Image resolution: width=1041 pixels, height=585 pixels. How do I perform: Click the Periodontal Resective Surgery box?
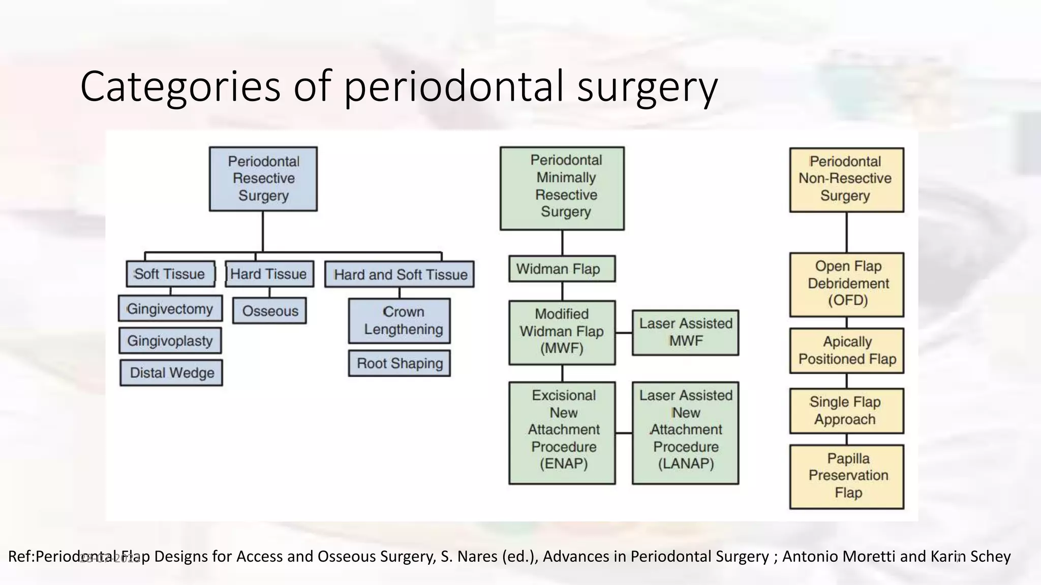pyautogui.click(x=263, y=179)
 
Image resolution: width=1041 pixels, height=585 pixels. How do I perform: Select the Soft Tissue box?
pyautogui.click(x=170, y=274)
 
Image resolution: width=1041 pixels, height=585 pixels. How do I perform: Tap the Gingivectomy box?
pyautogui.click(x=170, y=309)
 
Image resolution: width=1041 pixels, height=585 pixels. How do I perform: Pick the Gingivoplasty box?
pyautogui.click(x=170, y=341)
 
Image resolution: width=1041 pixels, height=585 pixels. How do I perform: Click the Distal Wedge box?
pyautogui.click(x=171, y=373)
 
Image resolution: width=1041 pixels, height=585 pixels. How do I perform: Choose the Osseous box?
pyautogui.click(x=269, y=311)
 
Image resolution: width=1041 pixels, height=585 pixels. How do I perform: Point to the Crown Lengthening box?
pyautogui.click(x=400, y=320)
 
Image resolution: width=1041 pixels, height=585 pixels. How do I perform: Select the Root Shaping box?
pyautogui.click(x=400, y=364)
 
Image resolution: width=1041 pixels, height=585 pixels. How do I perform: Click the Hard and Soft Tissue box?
pyautogui.click(x=400, y=275)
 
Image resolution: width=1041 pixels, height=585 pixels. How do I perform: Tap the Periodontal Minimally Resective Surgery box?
pyautogui.click(x=562, y=188)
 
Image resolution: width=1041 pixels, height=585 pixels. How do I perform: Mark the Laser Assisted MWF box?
pyautogui.click(x=685, y=333)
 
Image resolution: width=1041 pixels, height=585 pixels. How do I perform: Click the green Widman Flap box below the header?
pyautogui.click(x=562, y=269)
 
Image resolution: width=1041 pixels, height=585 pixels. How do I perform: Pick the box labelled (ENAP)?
pyautogui.click(x=562, y=433)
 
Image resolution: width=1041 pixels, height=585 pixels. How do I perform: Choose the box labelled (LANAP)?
pyautogui.click(x=685, y=433)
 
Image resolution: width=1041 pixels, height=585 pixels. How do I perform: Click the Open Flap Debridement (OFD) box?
pyautogui.click(x=847, y=284)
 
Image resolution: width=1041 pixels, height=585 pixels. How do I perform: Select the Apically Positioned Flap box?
pyautogui.click(x=847, y=350)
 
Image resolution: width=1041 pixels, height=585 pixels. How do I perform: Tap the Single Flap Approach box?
pyautogui.click(x=847, y=411)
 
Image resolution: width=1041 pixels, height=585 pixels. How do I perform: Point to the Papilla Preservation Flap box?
pyautogui.click(x=847, y=476)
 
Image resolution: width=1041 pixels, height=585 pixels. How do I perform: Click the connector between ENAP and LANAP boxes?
pyautogui.click(x=624, y=433)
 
